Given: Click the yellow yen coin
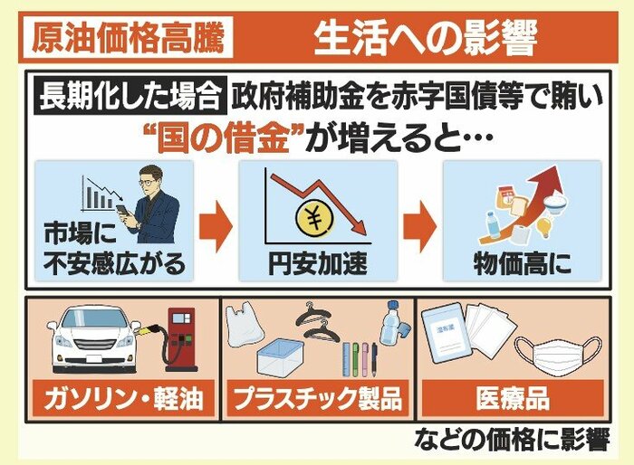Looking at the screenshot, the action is [x=315, y=219].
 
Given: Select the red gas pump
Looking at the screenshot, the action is [x=180, y=340].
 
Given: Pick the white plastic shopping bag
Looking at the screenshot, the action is [x=244, y=328].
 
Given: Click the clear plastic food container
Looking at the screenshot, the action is [x=280, y=358].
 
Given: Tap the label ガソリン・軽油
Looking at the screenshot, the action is [x=123, y=398].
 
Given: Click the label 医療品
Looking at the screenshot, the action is [x=513, y=398].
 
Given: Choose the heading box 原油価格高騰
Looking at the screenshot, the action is [x=128, y=37].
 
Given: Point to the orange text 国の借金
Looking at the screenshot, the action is [x=225, y=138].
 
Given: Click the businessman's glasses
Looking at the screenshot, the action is [x=147, y=182].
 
